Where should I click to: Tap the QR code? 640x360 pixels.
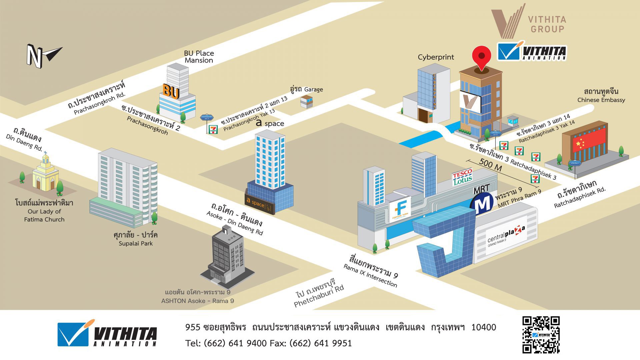[541, 335]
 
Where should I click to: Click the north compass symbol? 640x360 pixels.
[43, 56]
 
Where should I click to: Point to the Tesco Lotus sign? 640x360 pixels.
[462, 177]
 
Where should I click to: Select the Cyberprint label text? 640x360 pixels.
[436, 57]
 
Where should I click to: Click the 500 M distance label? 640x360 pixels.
[490, 164]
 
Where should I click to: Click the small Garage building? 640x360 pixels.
[307, 101]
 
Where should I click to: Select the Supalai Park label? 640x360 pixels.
[136, 239]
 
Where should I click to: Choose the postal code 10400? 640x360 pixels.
[483, 327]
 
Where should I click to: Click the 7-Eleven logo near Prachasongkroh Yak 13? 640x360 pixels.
[212, 129]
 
